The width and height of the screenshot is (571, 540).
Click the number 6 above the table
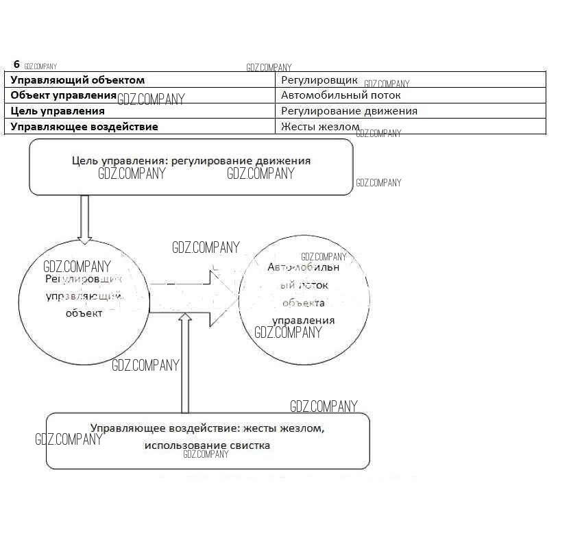[x=16, y=64]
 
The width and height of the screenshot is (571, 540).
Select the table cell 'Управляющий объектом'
[x=77, y=80]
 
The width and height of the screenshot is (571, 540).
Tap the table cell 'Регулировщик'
[x=319, y=80]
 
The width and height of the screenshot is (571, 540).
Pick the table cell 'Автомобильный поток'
[x=331, y=95]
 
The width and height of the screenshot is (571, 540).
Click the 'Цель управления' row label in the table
[x=58, y=110]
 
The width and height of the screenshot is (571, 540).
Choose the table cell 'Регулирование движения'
[x=349, y=110]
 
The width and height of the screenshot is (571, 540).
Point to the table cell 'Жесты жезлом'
[x=320, y=126]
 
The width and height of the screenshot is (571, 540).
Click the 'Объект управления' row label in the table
[x=64, y=95]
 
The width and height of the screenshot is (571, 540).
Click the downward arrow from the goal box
[x=85, y=219]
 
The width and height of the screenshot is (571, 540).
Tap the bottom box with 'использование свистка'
[x=207, y=441]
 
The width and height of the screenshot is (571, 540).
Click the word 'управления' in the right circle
[x=304, y=320]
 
